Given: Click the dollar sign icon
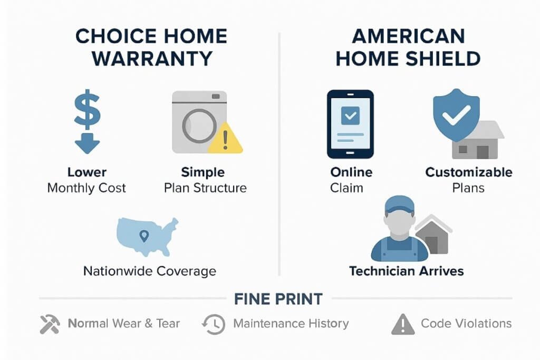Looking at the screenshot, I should (x=86, y=111).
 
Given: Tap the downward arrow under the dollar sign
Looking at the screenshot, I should (x=86, y=142).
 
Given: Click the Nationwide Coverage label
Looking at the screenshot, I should (x=150, y=271).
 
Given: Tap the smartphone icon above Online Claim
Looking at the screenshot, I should (x=350, y=124).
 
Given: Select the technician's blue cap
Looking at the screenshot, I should (x=399, y=204).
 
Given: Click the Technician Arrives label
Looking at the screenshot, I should (x=406, y=271).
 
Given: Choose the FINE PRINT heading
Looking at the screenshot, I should (x=278, y=299).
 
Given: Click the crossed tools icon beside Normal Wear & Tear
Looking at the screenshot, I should (x=50, y=324).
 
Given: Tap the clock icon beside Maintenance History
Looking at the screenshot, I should (x=213, y=324).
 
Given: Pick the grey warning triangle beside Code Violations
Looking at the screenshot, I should (x=402, y=324).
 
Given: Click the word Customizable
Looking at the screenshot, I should (x=469, y=172).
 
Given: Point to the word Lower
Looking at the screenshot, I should (x=86, y=172).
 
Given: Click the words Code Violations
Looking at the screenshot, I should (x=466, y=323).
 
